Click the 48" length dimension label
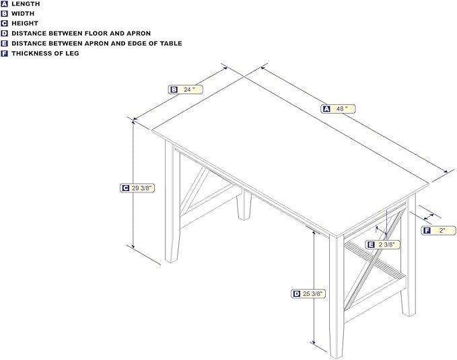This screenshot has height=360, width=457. (338, 109)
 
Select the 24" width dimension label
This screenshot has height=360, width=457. (185, 89)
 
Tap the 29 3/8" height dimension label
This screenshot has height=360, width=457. (137, 188)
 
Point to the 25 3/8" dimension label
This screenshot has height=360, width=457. (308, 293)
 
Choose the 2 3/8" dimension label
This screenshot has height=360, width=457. (382, 244)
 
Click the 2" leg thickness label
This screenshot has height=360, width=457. (438, 231)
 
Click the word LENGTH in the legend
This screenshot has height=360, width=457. (26, 4)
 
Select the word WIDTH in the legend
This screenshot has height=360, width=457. (23, 13)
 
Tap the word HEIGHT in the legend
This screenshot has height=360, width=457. (25, 24)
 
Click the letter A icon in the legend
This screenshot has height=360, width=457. (4, 4)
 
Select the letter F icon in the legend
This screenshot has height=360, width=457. (4, 53)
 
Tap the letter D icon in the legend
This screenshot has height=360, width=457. (4, 34)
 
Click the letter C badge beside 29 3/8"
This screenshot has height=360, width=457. (125, 188)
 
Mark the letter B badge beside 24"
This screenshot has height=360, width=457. (174, 89)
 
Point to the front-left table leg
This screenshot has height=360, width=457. (172, 202)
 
